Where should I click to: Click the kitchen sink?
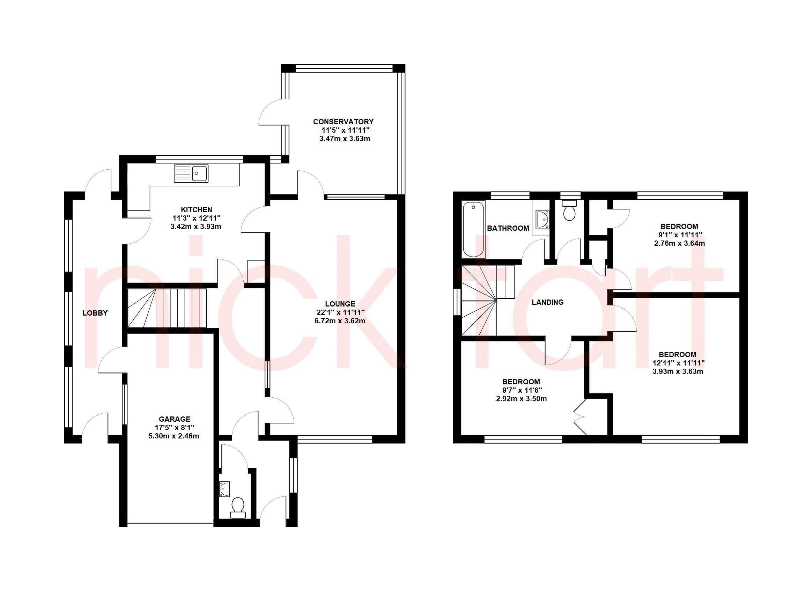coord(191,173)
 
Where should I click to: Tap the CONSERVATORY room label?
coord(343,122)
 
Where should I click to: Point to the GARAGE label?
coord(174,419)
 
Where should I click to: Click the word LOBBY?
coord(95,313)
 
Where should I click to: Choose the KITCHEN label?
coord(196,210)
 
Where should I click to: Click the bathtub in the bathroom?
coord(473,229)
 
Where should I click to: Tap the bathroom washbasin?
coord(542,219)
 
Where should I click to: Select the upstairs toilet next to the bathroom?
coord(569,210)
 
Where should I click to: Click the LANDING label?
coord(547,302)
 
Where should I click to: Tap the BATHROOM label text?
coord(508,228)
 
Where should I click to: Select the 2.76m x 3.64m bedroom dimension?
coord(679,243)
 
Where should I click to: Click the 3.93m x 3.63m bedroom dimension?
coord(678,371)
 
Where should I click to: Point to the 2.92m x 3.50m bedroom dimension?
coord(521,399)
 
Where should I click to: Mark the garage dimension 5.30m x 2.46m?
coord(174,436)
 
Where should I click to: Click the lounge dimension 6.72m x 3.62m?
coord(340,321)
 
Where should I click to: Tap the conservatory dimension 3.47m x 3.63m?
coord(345,139)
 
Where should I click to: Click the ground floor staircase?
coord(167,308)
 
